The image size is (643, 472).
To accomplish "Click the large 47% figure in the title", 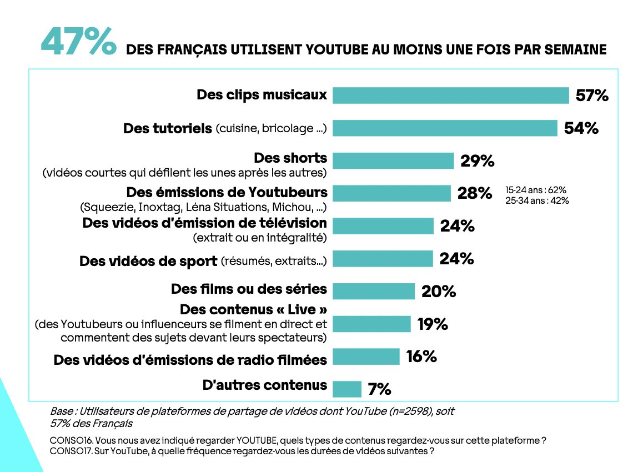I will [78, 42].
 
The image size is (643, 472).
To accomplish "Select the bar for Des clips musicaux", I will [450, 96].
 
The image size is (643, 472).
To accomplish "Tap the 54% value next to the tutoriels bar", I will [581, 128].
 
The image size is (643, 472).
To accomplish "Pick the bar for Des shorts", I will [393, 161].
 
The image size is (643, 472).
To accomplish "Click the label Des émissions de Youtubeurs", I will [227, 193].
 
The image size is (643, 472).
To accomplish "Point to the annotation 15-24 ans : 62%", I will [535, 189].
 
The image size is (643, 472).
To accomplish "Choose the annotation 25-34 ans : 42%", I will [536, 200].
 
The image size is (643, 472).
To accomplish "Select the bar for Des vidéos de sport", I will [382, 259].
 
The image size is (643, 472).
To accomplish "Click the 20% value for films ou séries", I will [439, 291].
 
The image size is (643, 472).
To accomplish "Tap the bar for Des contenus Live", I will [371, 324].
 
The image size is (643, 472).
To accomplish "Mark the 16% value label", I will [421, 356].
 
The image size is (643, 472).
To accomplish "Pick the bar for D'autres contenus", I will [346, 389].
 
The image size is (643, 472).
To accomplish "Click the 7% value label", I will [379, 389].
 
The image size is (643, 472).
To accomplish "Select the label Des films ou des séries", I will [249, 289].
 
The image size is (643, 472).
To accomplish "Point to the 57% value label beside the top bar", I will [592, 96].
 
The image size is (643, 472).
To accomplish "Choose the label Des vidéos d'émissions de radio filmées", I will [190, 360].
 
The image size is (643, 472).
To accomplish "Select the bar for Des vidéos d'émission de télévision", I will [383, 226].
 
